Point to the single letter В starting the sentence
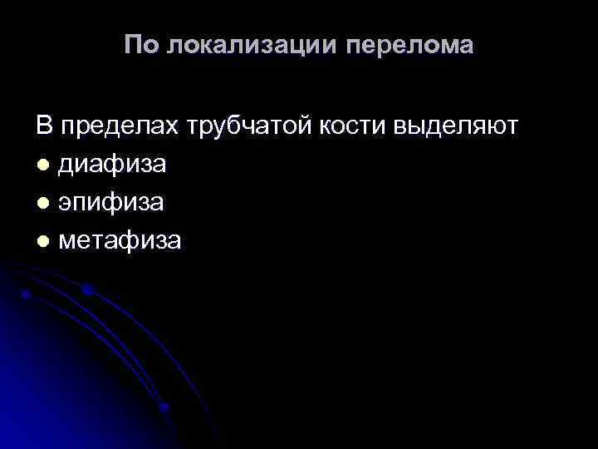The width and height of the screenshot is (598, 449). point(43,126)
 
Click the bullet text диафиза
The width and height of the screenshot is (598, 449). point(111,165)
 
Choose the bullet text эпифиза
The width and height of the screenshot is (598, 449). point(110,203)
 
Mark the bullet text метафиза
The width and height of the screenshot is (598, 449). point(120,241)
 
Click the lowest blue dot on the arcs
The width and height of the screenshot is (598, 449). point(164,407)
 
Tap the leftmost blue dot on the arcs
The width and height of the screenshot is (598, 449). point(26,295)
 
